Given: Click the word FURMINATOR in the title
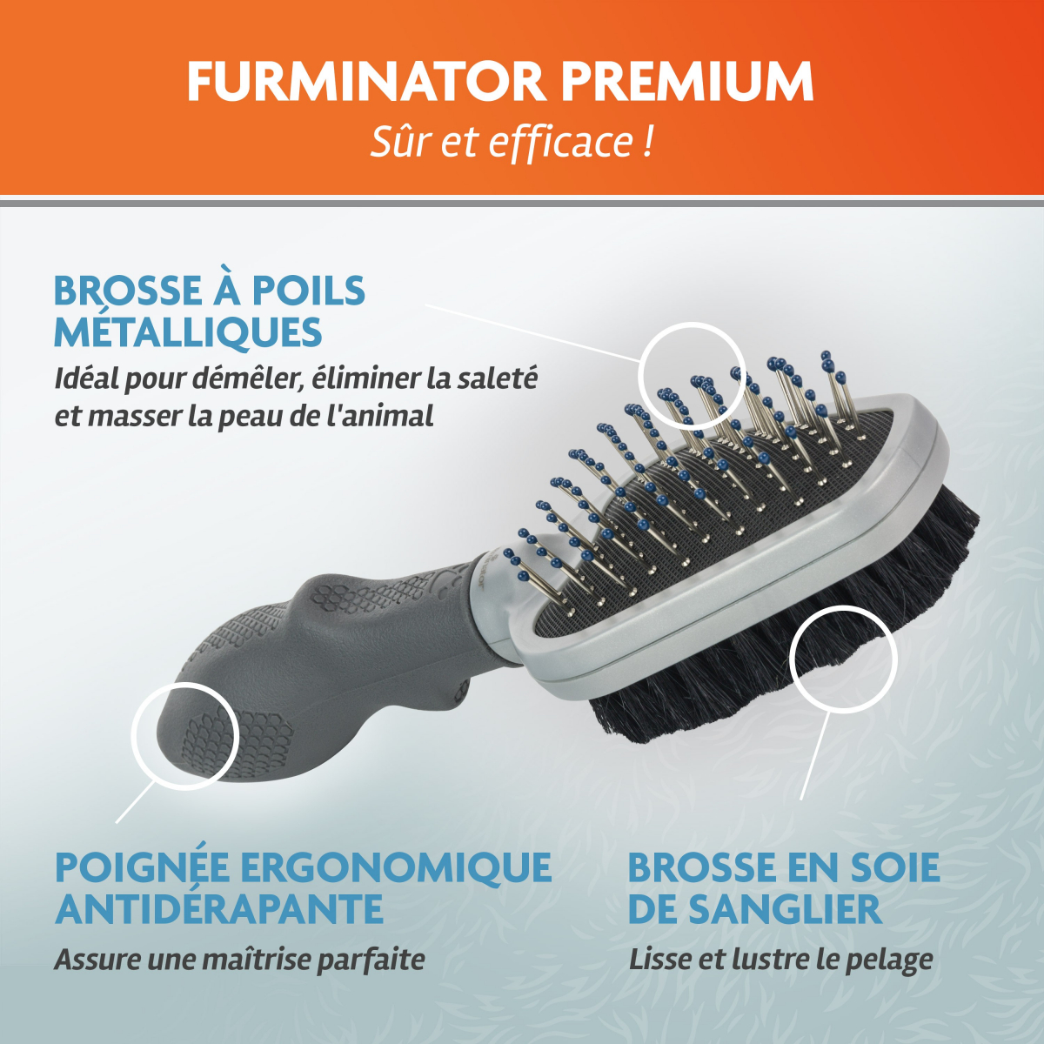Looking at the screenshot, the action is [365, 81].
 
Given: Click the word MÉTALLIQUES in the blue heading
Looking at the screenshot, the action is [189, 332].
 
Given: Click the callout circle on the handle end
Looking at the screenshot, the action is [131, 736].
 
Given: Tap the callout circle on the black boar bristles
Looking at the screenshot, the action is [790, 659].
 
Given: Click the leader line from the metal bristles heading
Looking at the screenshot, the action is [533, 332].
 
